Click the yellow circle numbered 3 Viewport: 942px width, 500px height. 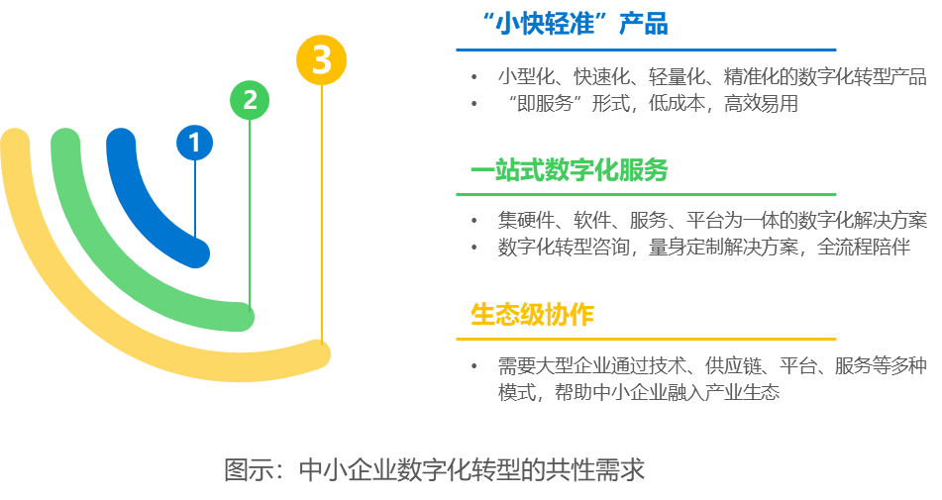click(321, 60)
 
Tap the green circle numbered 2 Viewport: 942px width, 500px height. click(250, 100)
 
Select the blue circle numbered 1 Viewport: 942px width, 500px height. click(195, 143)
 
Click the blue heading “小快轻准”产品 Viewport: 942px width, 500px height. click(576, 24)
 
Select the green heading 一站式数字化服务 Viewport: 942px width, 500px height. click(570, 170)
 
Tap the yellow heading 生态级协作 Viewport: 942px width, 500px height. click(532, 314)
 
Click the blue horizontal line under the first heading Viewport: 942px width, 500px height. click(646, 50)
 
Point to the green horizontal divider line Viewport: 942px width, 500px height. click(646, 194)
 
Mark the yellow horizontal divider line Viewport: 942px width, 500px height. click(646, 340)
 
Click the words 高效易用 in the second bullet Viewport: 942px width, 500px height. click(761, 104)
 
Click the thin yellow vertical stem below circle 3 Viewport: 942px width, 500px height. click(322, 214)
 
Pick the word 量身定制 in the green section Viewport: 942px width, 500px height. click(685, 247)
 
